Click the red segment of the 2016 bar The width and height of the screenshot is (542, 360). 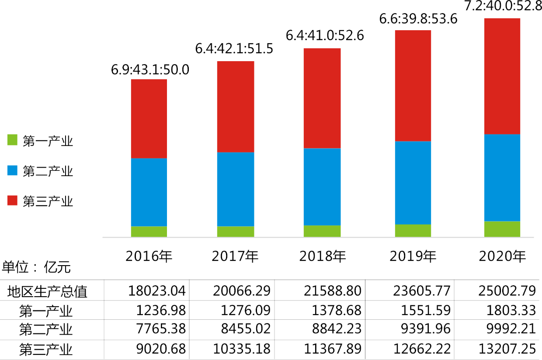coord(149,118)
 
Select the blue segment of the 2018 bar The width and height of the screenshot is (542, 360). coord(322,187)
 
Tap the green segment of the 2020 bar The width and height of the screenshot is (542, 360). coord(502,229)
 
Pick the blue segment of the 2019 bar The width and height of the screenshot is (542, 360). coord(413,183)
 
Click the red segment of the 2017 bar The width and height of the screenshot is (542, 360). coord(235,107)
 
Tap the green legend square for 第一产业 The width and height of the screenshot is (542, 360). coord(12,140)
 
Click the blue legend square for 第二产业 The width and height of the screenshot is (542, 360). coord(12,170)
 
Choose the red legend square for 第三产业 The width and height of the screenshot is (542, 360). coord(12,200)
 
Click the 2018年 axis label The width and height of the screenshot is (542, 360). coord(323,256)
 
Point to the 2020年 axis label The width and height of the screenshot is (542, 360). coord(503,256)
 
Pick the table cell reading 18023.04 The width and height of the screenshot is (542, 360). coord(157,291)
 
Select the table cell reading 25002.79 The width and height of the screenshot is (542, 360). coord(509,291)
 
